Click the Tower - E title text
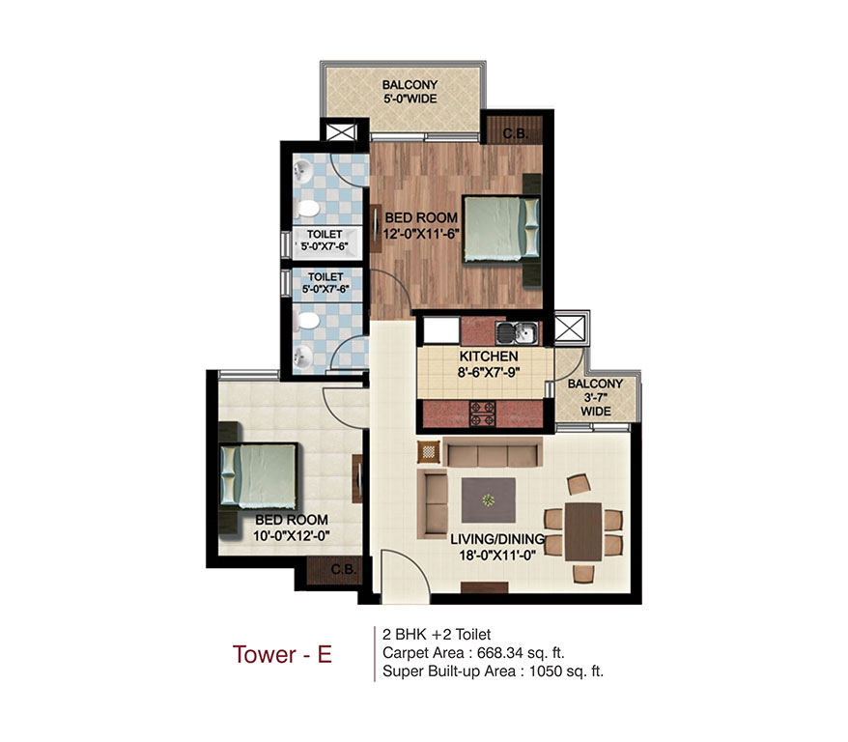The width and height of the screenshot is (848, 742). (282, 654)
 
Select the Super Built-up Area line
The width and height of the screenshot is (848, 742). (494, 671)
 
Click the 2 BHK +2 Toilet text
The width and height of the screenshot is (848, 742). (438, 635)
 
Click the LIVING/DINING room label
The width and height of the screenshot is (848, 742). (498, 538)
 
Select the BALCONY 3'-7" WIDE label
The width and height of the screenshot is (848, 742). (596, 397)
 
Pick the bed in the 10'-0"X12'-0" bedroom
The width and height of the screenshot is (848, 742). (258, 474)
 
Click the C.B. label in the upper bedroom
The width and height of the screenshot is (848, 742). (514, 133)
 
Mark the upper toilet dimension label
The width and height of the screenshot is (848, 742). (326, 240)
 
